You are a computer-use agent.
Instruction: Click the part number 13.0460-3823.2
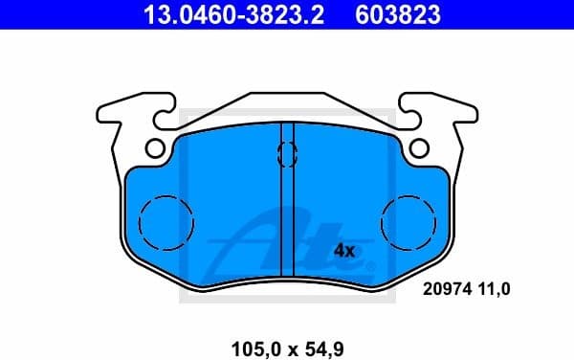[x=218, y=15]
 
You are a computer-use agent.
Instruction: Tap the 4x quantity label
[x=344, y=251]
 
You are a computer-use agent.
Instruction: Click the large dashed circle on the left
[x=166, y=222]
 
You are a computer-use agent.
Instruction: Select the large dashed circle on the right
[x=408, y=222]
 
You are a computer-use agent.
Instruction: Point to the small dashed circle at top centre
[x=286, y=153]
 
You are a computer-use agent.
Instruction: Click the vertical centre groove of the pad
[x=287, y=211]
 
